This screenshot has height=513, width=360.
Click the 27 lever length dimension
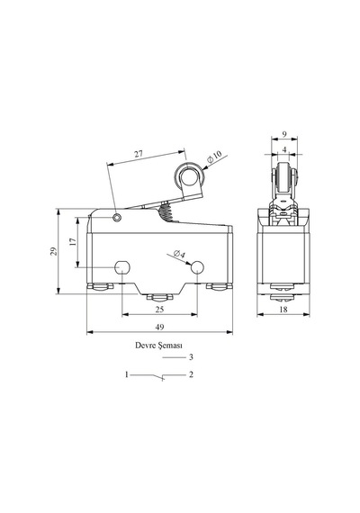(139, 153)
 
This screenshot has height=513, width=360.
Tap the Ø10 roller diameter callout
(215, 157)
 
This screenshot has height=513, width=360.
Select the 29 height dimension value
(53, 251)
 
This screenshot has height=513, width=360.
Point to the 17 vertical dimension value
(73, 242)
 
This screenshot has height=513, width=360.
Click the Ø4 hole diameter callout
(179, 254)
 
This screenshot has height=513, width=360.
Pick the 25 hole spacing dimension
(159, 310)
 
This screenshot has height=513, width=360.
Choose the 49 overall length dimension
(159, 327)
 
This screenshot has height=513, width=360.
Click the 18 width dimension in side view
(283, 310)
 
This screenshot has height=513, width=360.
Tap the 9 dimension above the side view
(284, 134)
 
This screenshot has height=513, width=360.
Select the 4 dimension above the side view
(284, 149)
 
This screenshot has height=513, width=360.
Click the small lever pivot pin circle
(117, 217)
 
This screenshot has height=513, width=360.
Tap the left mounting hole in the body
(122, 267)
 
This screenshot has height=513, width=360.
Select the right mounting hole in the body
(197, 267)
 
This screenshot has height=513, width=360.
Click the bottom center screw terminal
(159, 297)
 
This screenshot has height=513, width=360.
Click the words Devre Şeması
(159, 346)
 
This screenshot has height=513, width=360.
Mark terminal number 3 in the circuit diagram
(191, 357)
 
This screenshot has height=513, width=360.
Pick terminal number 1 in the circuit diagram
(127, 374)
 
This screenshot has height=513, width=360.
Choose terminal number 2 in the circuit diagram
(191, 374)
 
